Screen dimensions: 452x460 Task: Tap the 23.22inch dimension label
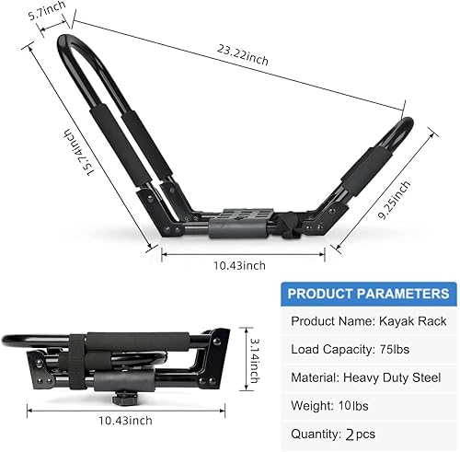(x=245, y=59)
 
